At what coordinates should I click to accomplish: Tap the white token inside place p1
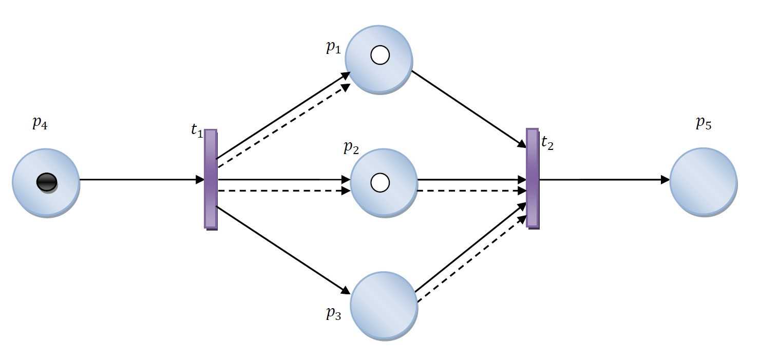[x=380, y=55]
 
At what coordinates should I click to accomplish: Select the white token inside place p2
[x=380, y=181]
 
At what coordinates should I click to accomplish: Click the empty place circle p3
[x=384, y=305]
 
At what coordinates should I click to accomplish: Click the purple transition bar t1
[x=211, y=179]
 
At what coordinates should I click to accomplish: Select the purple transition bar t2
[x=533, y=178]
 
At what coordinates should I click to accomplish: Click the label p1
[x=333, y=47]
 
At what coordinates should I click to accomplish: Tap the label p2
[x=351, y=148]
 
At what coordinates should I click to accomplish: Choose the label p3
[x=333, y=313]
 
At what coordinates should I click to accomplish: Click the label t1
[x=197, y=130]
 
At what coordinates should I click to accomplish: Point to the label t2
[x=547, y=143]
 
